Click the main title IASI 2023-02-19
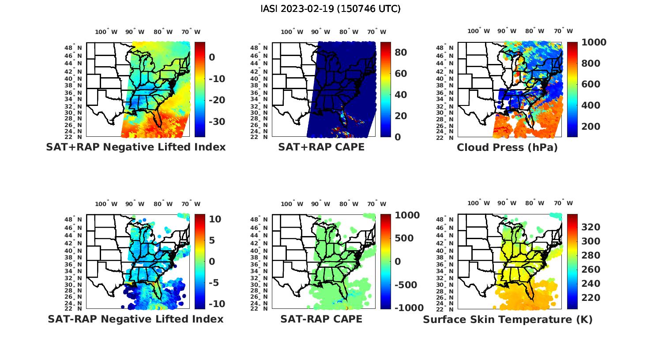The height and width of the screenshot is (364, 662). pyautogui.click(x=331, y=9)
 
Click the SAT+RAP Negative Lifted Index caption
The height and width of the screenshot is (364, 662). pyautogui.click(x=135, y=147)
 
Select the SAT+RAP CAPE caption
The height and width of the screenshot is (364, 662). pyautogui.click(x=321, y=147)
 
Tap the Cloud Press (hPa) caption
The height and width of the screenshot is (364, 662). pyautogui.click(x=507, y=147)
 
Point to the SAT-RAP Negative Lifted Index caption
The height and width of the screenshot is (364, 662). pyautogui.click(x=135, y=319)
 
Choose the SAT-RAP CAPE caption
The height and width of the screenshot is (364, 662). pyautogui.click(x=321, y=319)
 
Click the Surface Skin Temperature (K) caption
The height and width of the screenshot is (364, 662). pyautogui.click(x=508, y=319)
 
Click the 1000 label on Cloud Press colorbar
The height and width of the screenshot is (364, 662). pyautogui.click(x=594, y=42)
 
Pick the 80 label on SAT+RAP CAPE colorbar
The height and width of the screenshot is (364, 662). pyautogui.click(x=400, y=53)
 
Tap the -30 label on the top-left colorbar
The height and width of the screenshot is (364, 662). pyautogui.click(x=217, y=122)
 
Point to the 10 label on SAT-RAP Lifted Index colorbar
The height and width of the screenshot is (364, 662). pyautogui.click(x=215, y=219)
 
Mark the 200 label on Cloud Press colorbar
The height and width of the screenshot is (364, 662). pyautogui.click(x=591, y=127)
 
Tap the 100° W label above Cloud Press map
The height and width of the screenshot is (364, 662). pyautogui.click(x=478, y=31)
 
